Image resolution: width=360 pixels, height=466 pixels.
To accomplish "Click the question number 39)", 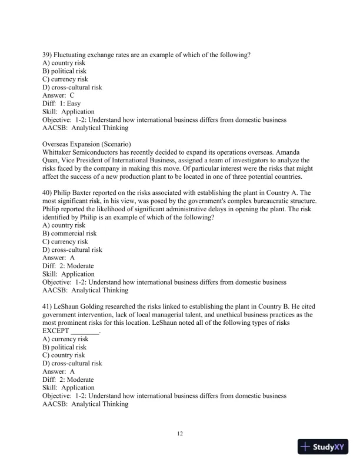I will pyautogui.click(x=49, y=55).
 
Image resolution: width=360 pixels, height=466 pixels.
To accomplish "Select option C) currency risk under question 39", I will pyautogui.click(x=65, y=79).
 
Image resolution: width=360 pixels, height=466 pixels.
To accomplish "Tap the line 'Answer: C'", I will pyautogui.click(x=59, y=95).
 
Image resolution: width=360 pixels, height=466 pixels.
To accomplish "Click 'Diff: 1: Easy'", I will pyautogui.click(x=62, y=104).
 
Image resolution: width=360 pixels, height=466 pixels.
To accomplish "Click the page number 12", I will pyautogui.click(x=180, y=434).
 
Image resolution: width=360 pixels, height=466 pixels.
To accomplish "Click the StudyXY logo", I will pyautogui.click(x=324, y=447).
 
